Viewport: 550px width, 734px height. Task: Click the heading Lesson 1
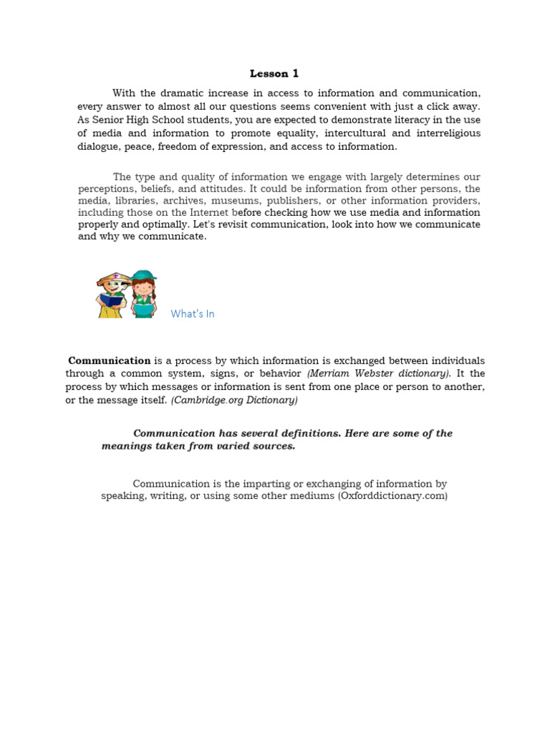274,73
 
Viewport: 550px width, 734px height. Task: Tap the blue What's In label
193,314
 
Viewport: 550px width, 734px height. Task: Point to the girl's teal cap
144,276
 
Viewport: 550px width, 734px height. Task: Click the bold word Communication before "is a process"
110,361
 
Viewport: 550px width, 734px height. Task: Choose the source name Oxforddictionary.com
392,495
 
